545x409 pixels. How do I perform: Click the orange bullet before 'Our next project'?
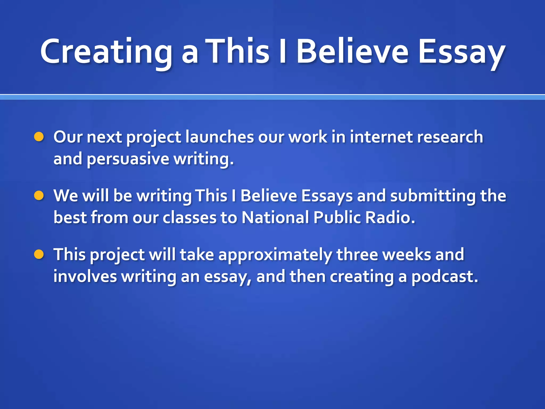[39, 137]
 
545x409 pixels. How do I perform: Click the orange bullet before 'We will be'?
[39, 196]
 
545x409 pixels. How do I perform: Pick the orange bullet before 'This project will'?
[39, 255]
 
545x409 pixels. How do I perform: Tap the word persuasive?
[128, 159]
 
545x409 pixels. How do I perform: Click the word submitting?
[433, 196]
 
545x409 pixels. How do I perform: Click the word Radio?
[390, 218]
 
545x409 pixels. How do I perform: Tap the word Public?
[337, 218]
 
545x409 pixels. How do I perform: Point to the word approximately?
[275, 255]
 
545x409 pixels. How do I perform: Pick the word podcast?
[444, 277]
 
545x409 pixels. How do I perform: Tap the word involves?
[85, 277]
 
